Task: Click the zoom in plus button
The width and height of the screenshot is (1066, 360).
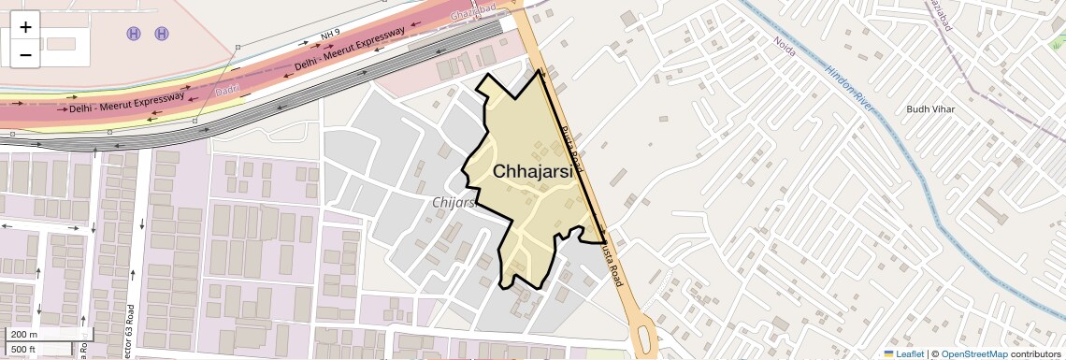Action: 25,26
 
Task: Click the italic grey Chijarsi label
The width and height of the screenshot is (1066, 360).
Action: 455,202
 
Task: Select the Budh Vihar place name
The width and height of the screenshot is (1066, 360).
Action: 929,109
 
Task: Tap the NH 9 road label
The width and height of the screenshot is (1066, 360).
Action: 328,36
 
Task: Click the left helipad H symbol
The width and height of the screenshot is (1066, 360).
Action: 134,34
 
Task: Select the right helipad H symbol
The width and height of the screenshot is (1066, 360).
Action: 162,34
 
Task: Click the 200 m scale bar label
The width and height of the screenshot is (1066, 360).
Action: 24,335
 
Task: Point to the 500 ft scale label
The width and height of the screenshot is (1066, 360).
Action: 23,350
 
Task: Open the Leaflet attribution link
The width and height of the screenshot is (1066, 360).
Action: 902,353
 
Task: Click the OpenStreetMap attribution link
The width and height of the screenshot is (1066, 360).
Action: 973,353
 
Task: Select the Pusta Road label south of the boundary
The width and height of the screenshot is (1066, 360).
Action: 611,259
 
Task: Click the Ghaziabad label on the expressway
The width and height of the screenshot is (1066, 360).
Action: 473,11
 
